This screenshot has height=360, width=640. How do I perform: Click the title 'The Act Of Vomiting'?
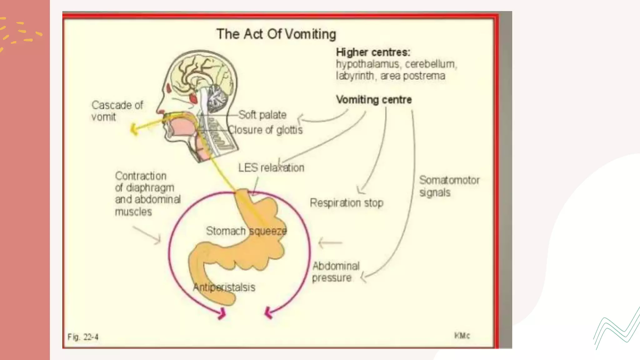(276, 34)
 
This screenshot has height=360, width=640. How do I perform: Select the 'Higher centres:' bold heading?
(373, 52)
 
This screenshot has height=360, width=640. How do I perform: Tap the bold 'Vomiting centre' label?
(374, 100)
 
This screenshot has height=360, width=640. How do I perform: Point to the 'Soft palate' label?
(262, 115)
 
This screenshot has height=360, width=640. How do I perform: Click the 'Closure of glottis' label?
(265, 130)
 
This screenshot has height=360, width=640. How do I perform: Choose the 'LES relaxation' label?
(271, 168)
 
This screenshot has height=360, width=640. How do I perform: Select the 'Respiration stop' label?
(347, 203)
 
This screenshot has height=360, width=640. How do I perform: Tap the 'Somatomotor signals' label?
(449, 186)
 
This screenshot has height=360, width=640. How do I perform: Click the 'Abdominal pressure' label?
(336, 272)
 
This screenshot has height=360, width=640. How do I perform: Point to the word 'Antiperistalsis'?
(224, 287)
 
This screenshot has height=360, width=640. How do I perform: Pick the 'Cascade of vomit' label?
(117, 111)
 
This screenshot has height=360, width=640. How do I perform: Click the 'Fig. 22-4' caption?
(83, 337)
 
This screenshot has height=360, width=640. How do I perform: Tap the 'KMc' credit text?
(462, 336)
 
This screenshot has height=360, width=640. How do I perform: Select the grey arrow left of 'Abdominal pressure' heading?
(330, 242)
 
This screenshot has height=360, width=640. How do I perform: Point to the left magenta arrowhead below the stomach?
(222, 313)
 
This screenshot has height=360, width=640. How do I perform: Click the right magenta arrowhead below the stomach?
(268, 313)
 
